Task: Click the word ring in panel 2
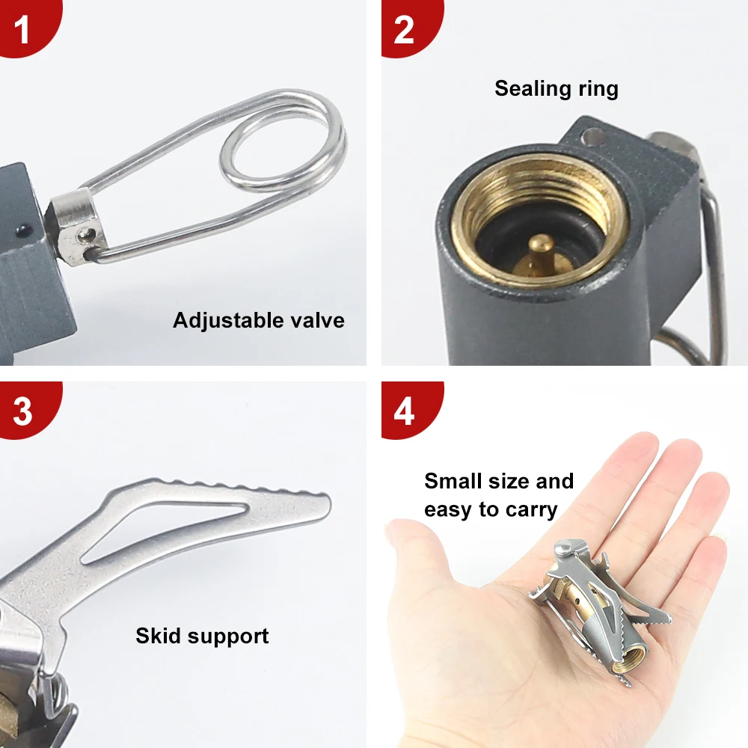(592, 89)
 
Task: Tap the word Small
(454, 481)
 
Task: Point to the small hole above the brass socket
(594, 138)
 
